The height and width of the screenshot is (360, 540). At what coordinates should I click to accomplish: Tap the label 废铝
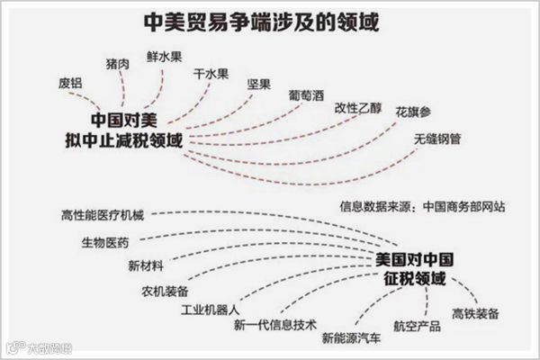tap(70, 83)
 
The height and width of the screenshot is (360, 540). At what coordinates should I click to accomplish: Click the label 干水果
tap(211, 74)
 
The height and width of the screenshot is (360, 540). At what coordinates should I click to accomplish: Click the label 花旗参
tap(412, 114)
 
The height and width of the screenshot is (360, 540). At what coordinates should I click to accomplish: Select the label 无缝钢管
tap(438, 139)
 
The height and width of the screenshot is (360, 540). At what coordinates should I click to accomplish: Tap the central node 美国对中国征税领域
tap(411, 268)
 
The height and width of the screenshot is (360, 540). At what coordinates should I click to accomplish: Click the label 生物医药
tap(104, 241)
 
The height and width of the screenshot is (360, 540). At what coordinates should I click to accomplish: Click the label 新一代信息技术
tap(274, 325)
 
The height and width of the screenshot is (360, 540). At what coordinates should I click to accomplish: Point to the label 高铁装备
tap(476, 312)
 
